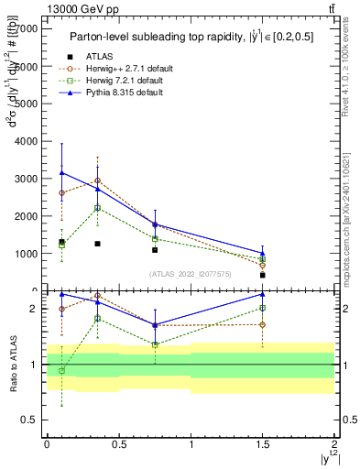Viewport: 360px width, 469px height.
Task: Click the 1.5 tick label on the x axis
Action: click(263, 444)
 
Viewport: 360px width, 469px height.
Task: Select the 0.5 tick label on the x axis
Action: click(118, 444)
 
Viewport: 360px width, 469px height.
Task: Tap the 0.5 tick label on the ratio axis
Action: click(30, 420)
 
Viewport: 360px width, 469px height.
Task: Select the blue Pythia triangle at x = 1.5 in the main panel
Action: click(263, 253)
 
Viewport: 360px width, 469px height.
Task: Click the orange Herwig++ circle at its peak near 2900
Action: click(98, 180)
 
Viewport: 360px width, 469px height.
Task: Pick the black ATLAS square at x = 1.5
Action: click(263, 275)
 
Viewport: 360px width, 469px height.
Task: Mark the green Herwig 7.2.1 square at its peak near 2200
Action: click(98, 208)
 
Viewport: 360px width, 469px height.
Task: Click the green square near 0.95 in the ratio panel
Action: click(61, 370)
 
